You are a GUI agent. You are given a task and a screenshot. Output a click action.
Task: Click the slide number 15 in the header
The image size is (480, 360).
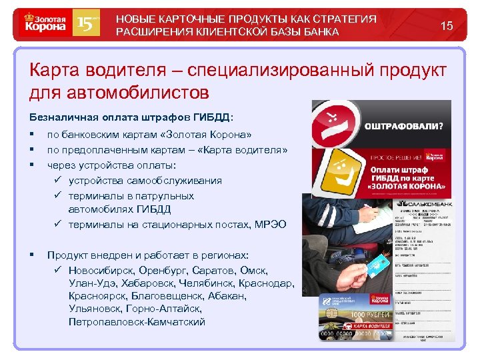click(447, 26)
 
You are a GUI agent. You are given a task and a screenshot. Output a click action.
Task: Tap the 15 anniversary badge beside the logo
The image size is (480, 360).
click(89, 25)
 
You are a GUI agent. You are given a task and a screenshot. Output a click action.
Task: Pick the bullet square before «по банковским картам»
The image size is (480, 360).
click(32, 135)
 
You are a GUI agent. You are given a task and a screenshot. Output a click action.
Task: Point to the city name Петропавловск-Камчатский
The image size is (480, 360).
click(137, 322)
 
